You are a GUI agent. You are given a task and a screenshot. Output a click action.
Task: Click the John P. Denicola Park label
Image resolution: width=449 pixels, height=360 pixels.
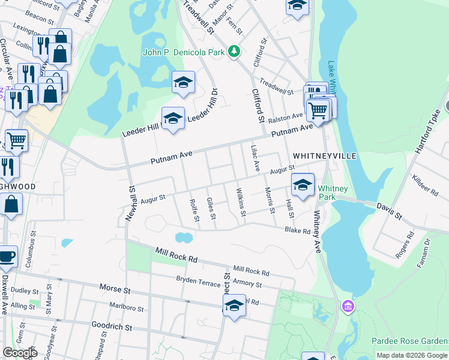click(x=183, y=52)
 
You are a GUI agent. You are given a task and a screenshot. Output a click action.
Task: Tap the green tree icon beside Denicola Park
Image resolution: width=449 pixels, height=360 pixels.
click(x=234, y=52)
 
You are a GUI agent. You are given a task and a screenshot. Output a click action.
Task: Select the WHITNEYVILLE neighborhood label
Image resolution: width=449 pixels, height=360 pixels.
click(x=325, y=156)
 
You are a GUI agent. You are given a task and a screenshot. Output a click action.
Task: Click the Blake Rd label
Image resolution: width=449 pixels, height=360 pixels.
click(x=297, y=230)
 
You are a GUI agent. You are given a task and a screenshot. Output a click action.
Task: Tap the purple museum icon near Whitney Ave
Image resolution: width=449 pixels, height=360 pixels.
click(x=348, y=307)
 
